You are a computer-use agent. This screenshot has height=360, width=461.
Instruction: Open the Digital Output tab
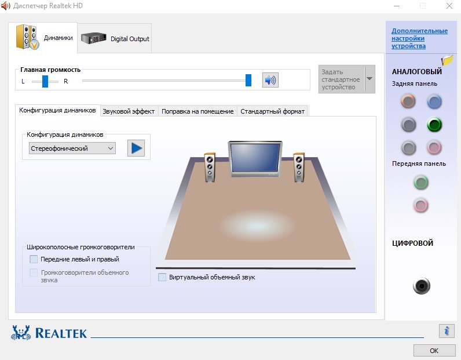(x=115, y=39)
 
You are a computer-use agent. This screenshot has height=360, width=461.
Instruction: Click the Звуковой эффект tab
(x=129, y=111)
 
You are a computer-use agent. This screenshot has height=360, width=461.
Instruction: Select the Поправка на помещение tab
(x=197, y=111)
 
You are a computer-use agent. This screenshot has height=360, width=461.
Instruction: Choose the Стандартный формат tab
(x=272, y=111)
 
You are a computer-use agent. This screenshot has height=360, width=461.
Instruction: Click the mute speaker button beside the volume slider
(x=270, y=80)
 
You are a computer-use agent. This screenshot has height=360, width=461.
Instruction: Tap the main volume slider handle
(x=248, y=80)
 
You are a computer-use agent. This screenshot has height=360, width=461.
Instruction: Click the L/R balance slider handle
(x=45, y=81)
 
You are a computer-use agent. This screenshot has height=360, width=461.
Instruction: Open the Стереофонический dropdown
(x=72, y=148)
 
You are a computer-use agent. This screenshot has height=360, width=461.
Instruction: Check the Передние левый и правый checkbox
(x=34, y=259)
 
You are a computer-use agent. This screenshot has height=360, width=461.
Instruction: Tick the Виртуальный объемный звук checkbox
(x=162, y=277)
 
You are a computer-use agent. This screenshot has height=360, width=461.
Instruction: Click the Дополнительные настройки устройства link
(x=419, y=38)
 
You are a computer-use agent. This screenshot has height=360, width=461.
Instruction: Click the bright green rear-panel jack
(x=434, y=125)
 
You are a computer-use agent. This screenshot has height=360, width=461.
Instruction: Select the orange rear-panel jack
(x=408, y=101)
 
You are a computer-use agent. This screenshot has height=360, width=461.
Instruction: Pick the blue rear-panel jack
(x=434, y=101)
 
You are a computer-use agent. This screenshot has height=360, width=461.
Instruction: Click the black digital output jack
(x=421, y=286)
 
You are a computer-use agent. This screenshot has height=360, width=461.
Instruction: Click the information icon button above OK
(x=447, y=331)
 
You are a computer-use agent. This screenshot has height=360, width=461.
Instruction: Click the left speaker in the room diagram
(x=210, y=167)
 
